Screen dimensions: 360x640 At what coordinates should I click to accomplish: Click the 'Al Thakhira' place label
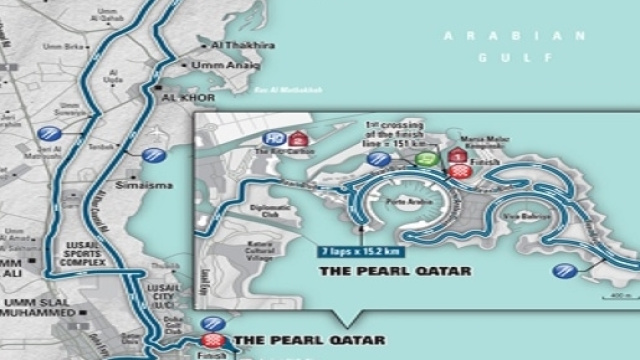pyautogui.click(x=232, y=45)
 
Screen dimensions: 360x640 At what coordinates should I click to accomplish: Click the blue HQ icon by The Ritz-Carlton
pyautogui.click(x=275, y=139)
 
